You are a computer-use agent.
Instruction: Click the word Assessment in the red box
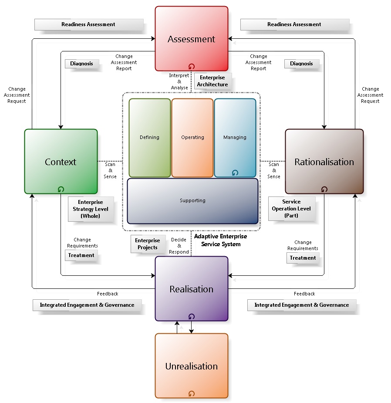pos(191,39)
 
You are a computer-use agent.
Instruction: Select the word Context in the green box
pos(61,162)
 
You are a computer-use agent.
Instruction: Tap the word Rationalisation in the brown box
pos(324,162)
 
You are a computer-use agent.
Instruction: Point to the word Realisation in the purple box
pos(191,289)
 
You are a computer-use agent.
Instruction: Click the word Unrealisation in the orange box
pos(191,366)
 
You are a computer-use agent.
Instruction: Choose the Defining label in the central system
pos(149,137)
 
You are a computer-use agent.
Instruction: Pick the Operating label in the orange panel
pos(192,137)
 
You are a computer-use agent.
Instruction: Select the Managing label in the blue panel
pos(235,137)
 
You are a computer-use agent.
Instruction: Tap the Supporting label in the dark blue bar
pos(192,200)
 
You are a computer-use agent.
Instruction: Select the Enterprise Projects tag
pos(147,244)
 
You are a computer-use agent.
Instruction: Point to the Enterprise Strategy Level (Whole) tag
pos(91,209)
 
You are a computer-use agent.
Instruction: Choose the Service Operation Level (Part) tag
pos(291,209)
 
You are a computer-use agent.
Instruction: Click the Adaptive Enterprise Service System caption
pos(220,240)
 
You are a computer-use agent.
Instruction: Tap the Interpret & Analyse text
pos(179,81)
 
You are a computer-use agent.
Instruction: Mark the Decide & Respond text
pos(179,246)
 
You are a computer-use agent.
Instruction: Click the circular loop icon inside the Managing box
pos(235,173)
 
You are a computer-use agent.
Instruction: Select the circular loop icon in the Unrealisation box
pos(192,393)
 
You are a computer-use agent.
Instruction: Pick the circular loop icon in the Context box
pos(61,189)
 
